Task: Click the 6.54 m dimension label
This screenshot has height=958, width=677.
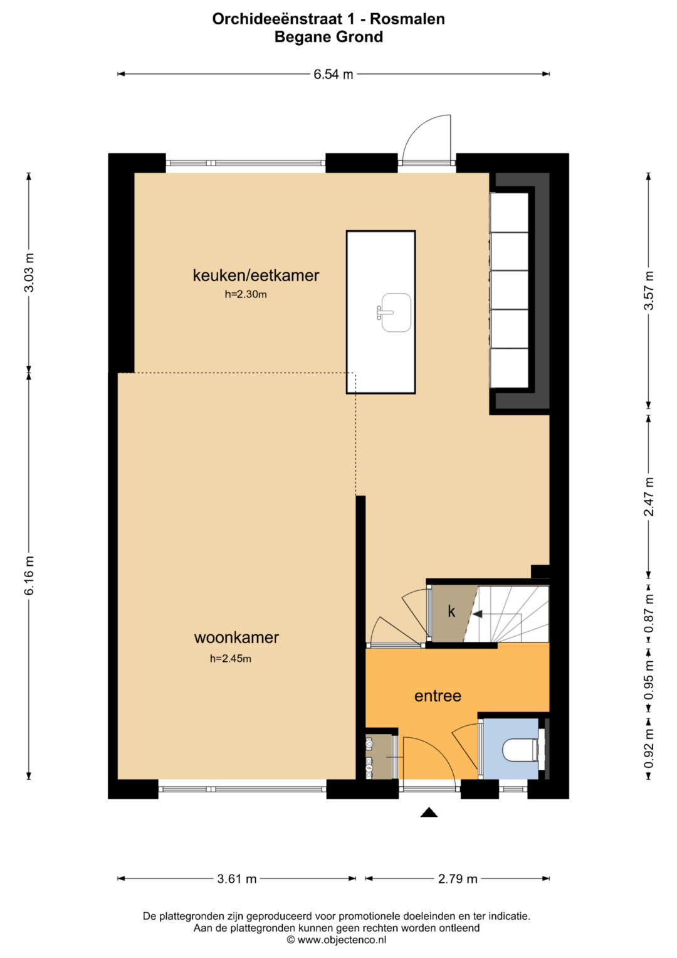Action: click(333, 75)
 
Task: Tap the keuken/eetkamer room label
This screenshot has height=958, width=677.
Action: click(256, 275)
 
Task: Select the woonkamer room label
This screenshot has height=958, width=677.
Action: click(236, 637)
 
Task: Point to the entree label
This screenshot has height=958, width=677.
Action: click(438, 696)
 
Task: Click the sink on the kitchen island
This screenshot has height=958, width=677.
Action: click(394, 312)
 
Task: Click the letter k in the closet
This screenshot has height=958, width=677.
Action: click(451, 612)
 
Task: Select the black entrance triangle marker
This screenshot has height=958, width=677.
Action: click(429, 812)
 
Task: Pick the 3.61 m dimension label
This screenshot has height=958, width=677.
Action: click(237, 879)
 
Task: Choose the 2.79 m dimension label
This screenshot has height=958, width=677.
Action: click(458, 879)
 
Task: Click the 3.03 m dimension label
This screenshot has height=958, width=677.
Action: click(29, 272)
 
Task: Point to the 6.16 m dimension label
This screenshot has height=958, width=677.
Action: click(29, 575)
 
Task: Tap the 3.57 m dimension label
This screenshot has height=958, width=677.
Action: click(649, 290)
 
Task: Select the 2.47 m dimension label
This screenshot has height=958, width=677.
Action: click(649, 496)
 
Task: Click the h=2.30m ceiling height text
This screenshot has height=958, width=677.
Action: click(246, 294)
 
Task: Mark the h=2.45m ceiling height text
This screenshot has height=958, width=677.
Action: click(231, 659)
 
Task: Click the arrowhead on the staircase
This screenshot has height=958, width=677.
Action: click(478, 614)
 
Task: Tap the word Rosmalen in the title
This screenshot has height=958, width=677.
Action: click(407, 19)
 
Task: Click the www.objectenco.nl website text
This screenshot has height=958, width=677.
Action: click(342, 940)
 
